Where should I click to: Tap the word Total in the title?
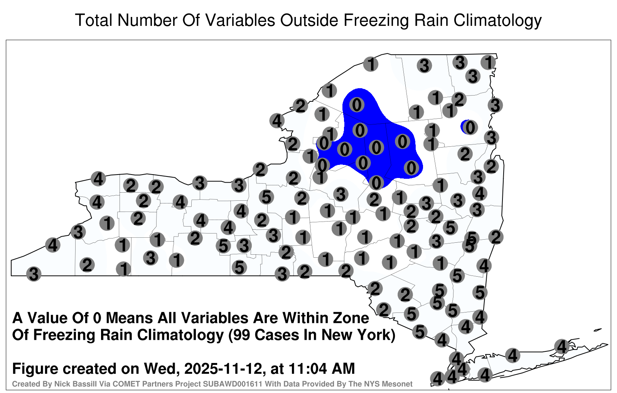click(94, 20)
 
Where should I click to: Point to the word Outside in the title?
click(309, 20)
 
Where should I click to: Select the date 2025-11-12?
click(223, 369)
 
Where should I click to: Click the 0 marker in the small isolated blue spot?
click(470, 127)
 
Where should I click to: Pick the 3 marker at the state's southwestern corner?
click(34, 274)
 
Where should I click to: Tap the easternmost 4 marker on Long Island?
click(561, 346)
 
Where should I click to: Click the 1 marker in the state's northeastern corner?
click(488, 62)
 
